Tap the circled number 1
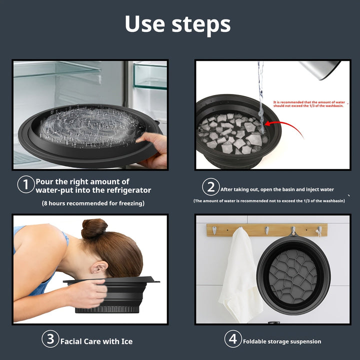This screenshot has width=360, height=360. (25, 185)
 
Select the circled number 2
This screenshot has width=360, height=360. (211, 187)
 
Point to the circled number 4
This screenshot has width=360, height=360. (232, 339)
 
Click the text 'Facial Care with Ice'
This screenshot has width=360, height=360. (96, 341)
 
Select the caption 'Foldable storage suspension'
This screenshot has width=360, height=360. (282, 341)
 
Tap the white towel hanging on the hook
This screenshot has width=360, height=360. (240, 275)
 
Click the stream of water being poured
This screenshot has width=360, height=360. (260, 90)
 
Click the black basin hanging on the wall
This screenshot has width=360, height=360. (293, 274)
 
